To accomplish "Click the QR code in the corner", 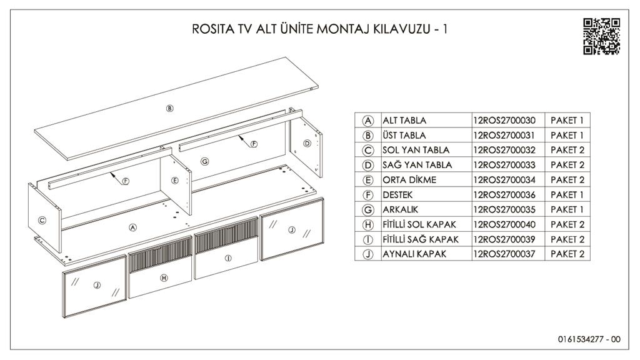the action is (601, 36).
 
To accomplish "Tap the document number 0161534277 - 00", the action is (589, 339).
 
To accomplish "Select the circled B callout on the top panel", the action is (170, 108).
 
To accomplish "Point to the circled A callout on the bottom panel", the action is (132, 227).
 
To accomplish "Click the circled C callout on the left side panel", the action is (42, 221).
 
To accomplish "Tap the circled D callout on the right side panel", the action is (307, 143).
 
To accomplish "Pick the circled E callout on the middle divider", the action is (175, 181).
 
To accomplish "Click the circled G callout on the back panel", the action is (204, 161).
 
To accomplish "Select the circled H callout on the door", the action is (164, 278).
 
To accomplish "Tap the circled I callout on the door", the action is (228, 258).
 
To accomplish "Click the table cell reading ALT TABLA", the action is (404, 121).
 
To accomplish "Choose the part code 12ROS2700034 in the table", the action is (504, 180).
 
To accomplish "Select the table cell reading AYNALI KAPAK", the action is (414, 254).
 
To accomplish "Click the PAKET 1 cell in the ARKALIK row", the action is (567, 209).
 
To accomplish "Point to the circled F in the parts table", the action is (367, 195).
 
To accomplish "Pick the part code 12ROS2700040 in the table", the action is (504, 224).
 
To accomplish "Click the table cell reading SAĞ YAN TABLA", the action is (417, 165).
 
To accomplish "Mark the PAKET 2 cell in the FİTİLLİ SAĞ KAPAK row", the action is (567, 239).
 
